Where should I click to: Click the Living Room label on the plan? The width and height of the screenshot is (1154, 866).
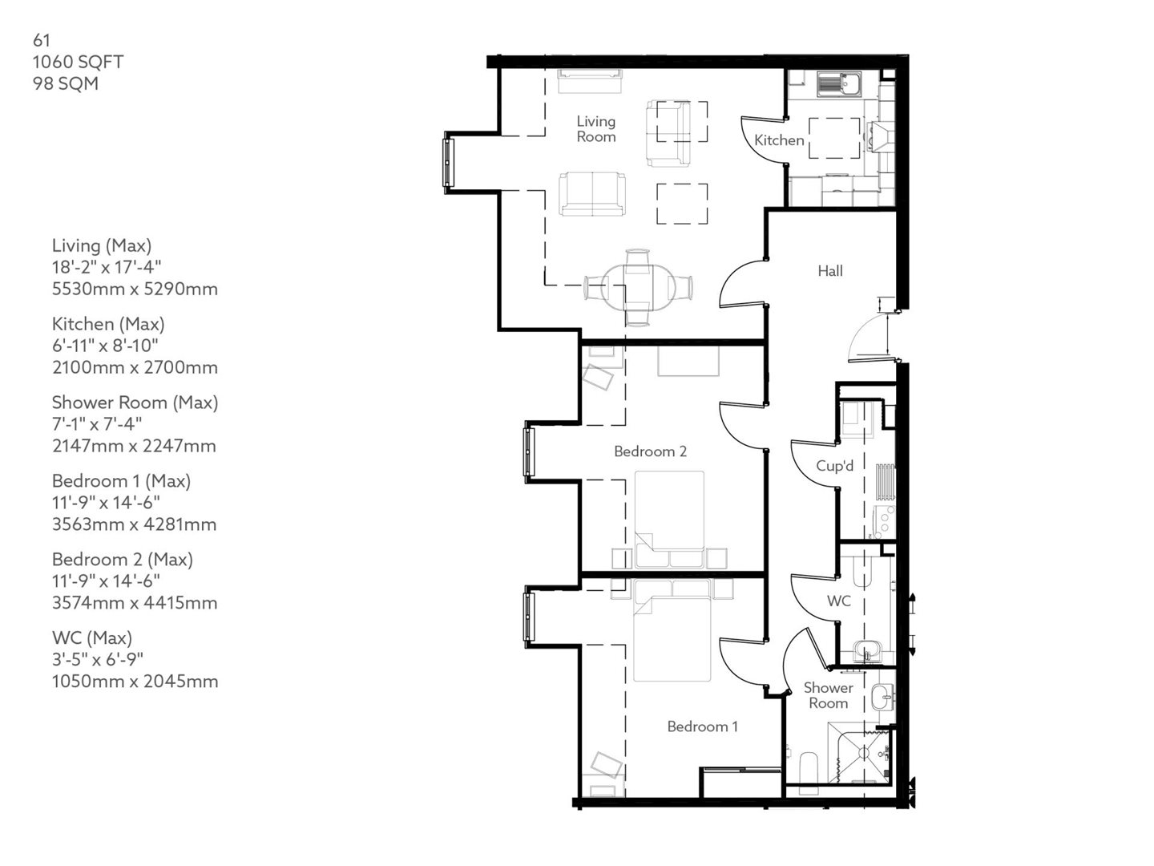(x=595, y=129)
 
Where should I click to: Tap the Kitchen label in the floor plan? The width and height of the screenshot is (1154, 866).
(x=778, y=140)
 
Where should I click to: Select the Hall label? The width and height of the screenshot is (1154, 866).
(x=829, y=271)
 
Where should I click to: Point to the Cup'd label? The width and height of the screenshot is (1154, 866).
(x=834, y=466)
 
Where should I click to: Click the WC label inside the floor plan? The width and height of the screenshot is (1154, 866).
(x=838, y=601)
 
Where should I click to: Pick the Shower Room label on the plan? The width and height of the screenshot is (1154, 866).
(x=828, y=695)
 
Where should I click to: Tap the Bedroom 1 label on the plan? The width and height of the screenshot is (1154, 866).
(x=702, y=726)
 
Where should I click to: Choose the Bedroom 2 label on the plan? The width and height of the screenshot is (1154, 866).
(x=650, y=451)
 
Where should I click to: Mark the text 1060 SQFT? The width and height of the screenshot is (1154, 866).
(x=78, y=62)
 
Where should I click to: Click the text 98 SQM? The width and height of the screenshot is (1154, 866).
(x=65, y=83)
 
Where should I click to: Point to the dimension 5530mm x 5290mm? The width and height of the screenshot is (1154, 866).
(x=135, y=289)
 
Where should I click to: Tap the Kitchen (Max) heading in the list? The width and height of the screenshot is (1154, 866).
(x=108, y=324)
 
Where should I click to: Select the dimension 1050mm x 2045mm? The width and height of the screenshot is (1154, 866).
(x=135, y=682)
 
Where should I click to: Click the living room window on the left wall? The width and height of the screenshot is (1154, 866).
(x=448, y=164)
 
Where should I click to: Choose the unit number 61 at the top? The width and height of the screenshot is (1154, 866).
(x=42, y=40)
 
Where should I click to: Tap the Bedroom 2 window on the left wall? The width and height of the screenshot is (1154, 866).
(x=528, y=452)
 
